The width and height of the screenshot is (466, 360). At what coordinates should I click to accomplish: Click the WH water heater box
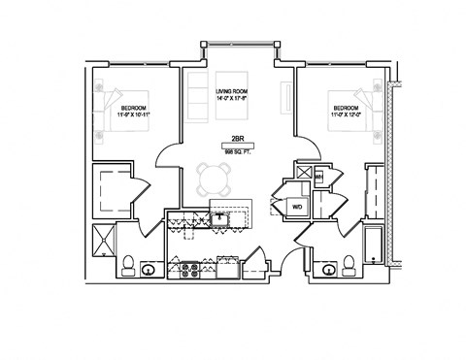317,177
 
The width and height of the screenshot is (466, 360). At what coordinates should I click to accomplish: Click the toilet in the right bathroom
348,261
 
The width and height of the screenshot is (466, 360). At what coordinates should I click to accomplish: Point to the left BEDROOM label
133,107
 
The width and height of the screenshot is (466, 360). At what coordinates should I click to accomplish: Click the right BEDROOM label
346,107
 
